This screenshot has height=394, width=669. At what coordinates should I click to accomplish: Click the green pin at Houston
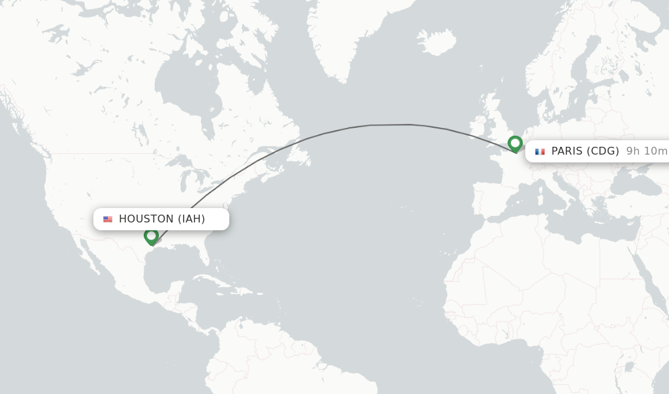coord(152,235)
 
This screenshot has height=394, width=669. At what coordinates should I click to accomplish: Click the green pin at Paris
coord(515,143)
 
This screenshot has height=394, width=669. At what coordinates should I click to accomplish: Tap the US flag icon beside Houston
coord(108,219)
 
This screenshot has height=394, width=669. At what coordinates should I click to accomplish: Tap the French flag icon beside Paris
coord(540,151)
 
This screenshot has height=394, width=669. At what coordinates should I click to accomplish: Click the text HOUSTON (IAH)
coord(162,219)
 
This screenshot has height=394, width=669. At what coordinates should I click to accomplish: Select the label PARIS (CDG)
coord(585,151)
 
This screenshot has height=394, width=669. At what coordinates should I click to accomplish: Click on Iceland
coord(436,42)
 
